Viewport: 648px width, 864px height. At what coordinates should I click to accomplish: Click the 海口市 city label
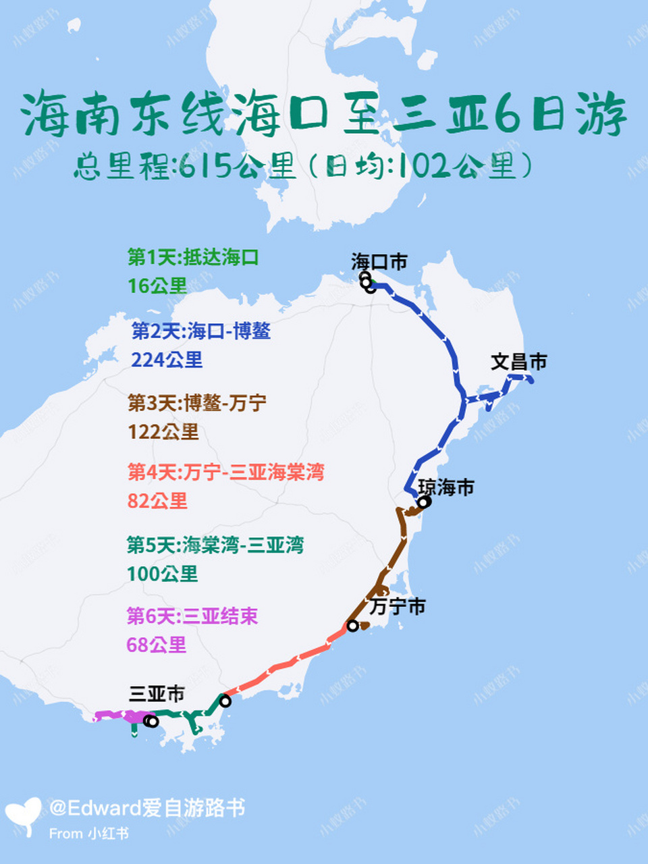[x=379, y=262]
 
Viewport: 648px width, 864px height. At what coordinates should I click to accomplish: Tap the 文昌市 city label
[x=518, y=362]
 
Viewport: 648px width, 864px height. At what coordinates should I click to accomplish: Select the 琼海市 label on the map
[x=446, y=487]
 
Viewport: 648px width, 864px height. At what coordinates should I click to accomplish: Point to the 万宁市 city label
[x=398, y=607]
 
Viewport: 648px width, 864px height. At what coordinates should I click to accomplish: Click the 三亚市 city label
[x=157, y=694]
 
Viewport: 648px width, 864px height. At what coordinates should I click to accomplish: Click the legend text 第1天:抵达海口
[x=193, y=257]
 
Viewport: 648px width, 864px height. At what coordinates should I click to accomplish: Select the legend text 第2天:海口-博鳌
[x=201, y=331]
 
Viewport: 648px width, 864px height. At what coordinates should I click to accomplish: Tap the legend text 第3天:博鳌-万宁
[x=197, y=404]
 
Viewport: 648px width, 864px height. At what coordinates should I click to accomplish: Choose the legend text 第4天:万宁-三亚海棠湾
[x=226, y=473]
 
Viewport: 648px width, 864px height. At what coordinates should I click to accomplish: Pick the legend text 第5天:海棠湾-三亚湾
[x=215, y=545]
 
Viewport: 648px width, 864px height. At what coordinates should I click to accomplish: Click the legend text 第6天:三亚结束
[x=192, y=616]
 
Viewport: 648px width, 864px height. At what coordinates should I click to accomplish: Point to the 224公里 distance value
[x=167, y=360]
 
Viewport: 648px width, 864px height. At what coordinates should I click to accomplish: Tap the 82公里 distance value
[x=157, y=501]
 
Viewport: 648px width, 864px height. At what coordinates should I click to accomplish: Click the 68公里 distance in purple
[x=157, y=645]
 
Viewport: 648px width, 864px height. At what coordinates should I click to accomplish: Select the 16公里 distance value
[x=157, y=286]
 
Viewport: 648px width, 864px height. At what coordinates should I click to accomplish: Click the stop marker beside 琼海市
[x=423, y=502]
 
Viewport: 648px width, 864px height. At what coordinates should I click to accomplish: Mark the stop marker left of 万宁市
[x=352, y=626]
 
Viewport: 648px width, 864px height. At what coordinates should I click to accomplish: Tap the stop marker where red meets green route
[x=225, y=701]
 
